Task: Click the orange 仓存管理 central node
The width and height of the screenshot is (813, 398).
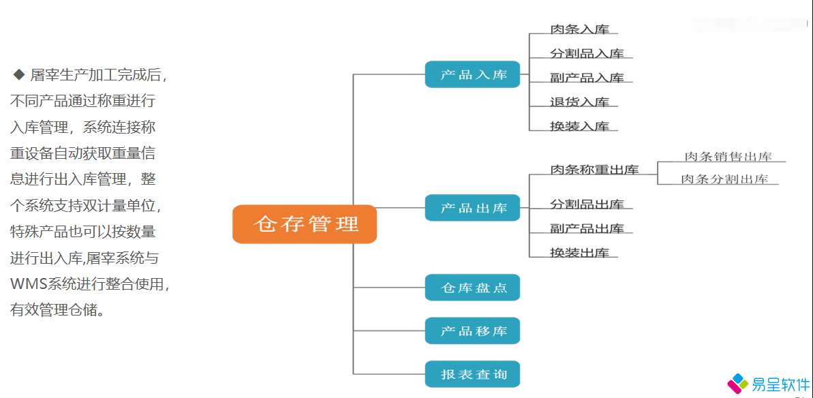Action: (x=305, y=224)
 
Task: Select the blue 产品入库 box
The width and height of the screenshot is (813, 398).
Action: (x=472, y=74)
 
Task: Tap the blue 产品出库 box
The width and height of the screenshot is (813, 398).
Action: (x=472, y=208)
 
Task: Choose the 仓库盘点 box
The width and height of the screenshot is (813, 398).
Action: (x=472, y=288)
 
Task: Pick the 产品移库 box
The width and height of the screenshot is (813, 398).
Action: (x=472, y=331)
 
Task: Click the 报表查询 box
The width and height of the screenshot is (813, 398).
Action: (x=472, y=374)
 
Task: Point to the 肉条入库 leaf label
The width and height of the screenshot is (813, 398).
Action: (x=579, y=29)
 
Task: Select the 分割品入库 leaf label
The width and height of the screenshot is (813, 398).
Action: (x=587, y=54)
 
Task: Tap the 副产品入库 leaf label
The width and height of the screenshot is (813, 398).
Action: (x=587, y=78)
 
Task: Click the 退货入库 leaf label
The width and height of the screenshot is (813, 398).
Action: (x=579, y=102)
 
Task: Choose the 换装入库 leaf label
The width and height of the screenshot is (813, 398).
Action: (x=579, y=126)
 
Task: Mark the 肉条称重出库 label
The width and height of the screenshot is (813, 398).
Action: (x=594, y=170)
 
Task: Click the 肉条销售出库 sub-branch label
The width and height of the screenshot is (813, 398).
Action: (x=728, y=157)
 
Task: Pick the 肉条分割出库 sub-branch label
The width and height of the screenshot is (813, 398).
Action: (x=724, y=179)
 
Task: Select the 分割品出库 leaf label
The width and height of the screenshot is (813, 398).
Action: (x=587, y=204)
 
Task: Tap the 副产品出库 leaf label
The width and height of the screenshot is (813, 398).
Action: (x=587, y=228)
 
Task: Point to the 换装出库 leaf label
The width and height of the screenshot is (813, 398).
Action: (x=579, y=253)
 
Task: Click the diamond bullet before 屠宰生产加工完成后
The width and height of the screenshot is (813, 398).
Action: (x=18, y=74)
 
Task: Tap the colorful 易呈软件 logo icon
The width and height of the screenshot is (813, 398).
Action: (x=737, y=383)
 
